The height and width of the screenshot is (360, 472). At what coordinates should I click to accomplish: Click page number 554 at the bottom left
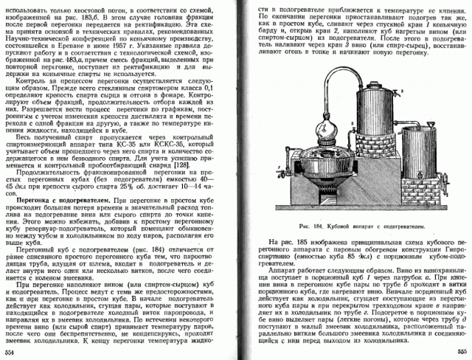[x=10, y=353]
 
